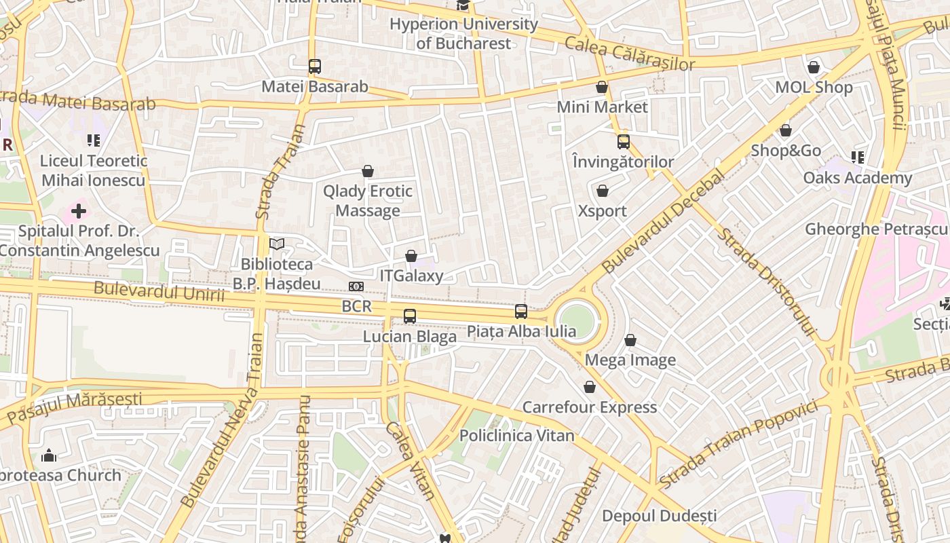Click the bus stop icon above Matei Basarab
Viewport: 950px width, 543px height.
(x=314, y=67)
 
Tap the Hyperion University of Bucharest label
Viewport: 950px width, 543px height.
(x=463, y=34)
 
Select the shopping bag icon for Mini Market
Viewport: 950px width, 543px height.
(x=602, y=87)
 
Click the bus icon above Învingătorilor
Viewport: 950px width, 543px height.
(x=623, y=142)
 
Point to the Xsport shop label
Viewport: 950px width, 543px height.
(x=602, y=211)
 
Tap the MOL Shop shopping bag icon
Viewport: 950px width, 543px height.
(x=814, y=67)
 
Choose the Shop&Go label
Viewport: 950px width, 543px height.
(x=786, y=151)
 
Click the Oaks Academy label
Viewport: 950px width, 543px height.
(x=858, y=178)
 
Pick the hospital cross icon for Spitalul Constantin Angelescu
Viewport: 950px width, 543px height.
(x=79, y=211)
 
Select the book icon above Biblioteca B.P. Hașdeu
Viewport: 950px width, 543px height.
(x=277, y=244)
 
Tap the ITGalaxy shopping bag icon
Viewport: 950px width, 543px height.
(x=411, y=256)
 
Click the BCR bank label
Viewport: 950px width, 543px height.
(x=357, y=306)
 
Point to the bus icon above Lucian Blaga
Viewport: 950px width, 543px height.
(x=409, y=316)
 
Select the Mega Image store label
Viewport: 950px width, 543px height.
(x=630, y=360)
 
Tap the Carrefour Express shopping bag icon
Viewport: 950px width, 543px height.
(x=590, y=387)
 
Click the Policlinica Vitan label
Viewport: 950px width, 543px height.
(x=517, y=436)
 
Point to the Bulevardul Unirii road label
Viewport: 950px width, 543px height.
(x=159, y=291)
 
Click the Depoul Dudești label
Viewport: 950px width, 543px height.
(x=659, y=516)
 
